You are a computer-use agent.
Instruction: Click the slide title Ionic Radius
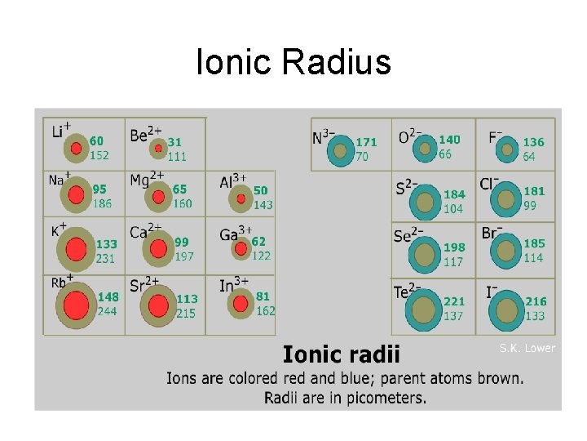coord(293,62)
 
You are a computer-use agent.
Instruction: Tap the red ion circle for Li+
coord(76,149)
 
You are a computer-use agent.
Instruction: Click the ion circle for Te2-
coord(425,310)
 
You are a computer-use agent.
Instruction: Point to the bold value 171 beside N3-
coord(366,142)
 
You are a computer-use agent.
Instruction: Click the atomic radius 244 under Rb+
coord(107,311)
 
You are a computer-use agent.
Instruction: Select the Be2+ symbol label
coord(145,133)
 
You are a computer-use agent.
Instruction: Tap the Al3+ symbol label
coord(233,182)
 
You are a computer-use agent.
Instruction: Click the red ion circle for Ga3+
coord(241,248)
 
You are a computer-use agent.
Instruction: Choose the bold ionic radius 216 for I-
coord(536,301)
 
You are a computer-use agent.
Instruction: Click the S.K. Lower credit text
coord(527,348)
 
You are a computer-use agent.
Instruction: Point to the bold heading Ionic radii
coord(342,354)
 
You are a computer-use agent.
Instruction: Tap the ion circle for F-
coord(507,149)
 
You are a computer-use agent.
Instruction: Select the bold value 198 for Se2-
coord(454,247)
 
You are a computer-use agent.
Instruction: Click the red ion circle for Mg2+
coord(157,197)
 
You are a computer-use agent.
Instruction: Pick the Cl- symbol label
coord(489,184)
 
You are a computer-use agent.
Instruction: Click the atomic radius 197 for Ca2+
coord(184,256)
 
